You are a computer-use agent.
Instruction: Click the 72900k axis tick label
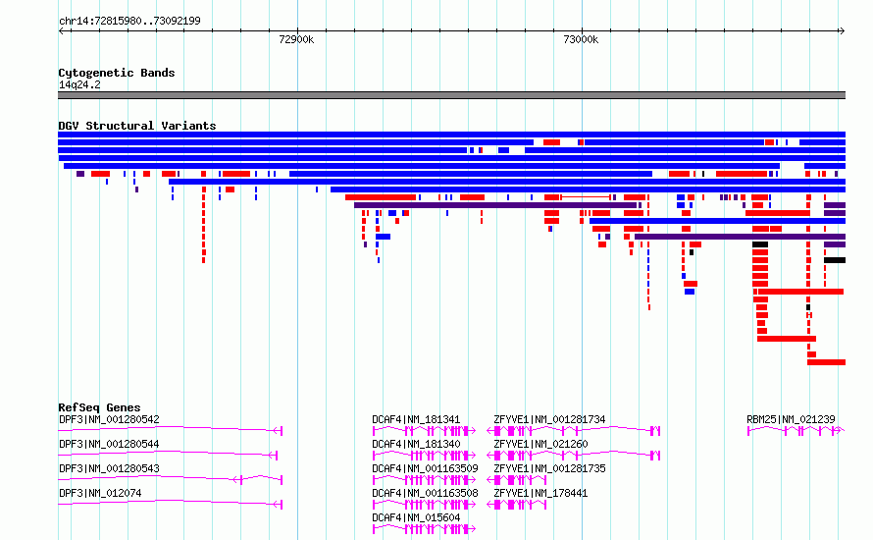coord(296,39)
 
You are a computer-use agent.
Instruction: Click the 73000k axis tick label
coord(581,39)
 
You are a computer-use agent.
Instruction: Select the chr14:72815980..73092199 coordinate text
coord(129,21)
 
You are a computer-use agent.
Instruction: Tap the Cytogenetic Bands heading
coord(117,73)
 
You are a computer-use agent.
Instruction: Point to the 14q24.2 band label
coord(79,84)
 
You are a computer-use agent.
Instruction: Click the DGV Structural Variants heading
coord(137,126)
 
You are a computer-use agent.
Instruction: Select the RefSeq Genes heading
coord(99,407)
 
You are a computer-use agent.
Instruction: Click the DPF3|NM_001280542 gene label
coord(109,419)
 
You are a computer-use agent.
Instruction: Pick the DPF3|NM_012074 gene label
coord(100,493)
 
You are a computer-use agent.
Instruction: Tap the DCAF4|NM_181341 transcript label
coord(417,419)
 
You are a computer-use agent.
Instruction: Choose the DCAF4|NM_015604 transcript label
coord(417,517)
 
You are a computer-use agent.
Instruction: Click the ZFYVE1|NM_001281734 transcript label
coord(549,419)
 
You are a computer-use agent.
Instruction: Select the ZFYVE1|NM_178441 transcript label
coord(540,493)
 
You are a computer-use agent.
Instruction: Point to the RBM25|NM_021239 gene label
coord(792,419)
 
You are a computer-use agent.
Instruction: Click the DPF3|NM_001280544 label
coord(109,444)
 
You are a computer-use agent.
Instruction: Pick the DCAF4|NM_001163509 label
coord(426,468)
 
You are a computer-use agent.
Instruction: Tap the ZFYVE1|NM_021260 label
coord(540,444)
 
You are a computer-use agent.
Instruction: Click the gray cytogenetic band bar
coord(451,95)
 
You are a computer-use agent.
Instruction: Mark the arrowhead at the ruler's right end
coord(843,31)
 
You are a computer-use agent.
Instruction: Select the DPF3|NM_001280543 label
coord(109,468)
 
